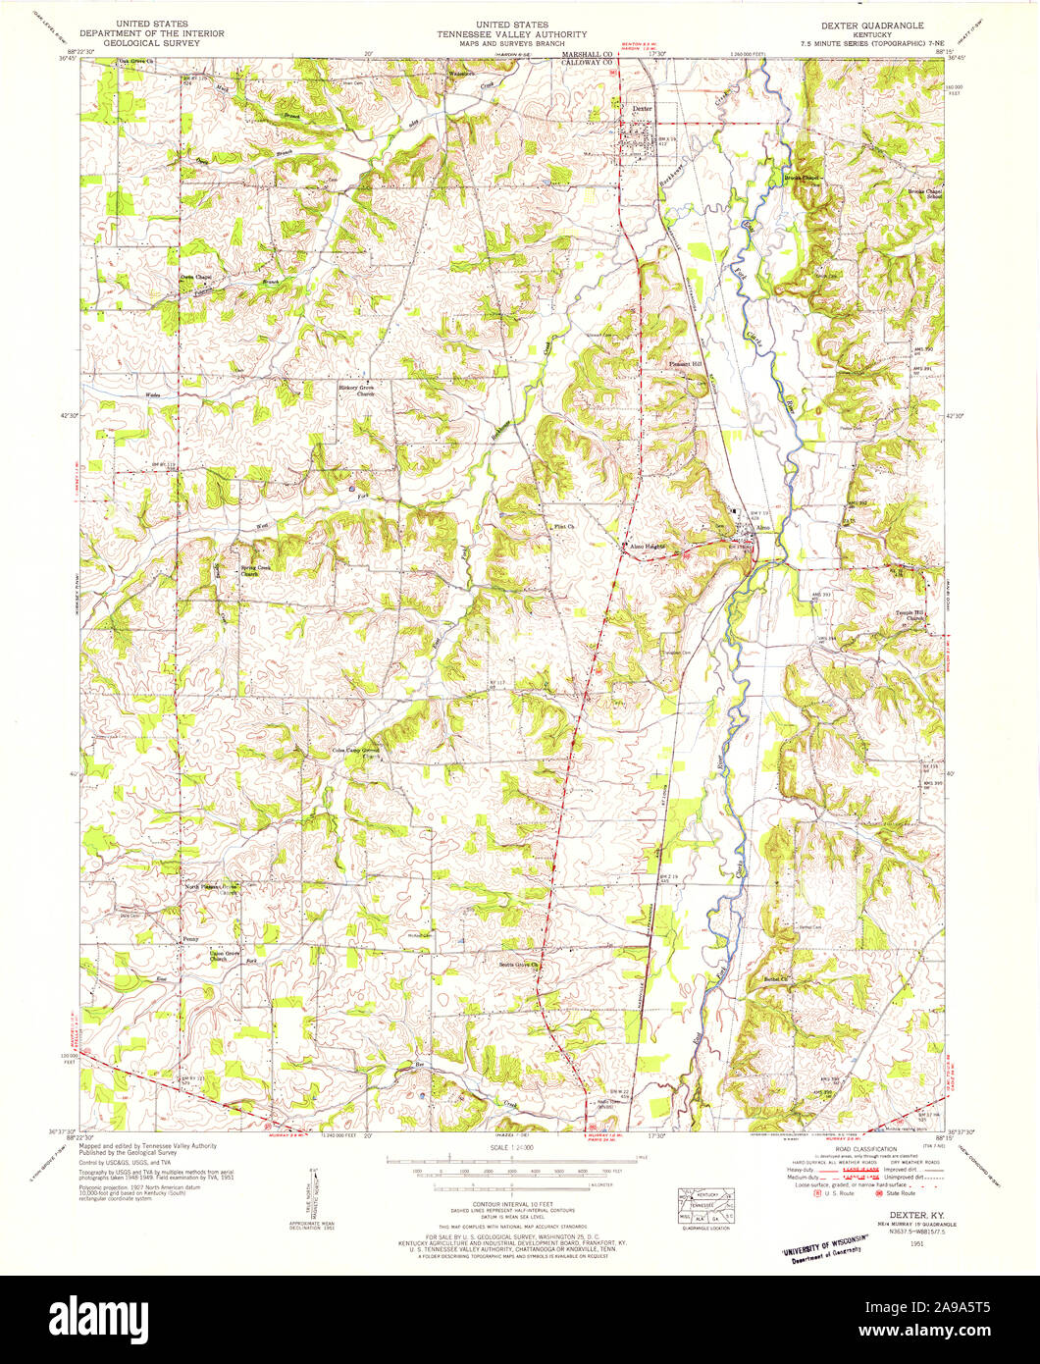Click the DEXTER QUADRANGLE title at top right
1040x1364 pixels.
click(x=864, y=23)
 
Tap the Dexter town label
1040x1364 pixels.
click(x=642, y=109)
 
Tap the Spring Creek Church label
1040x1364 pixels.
click(x=257, y=570)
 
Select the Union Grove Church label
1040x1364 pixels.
click(x=224, y=954)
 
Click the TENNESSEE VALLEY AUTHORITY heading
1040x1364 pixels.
click(x=511, y=33)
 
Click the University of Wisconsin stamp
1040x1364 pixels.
click(x=824, y=1248)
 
